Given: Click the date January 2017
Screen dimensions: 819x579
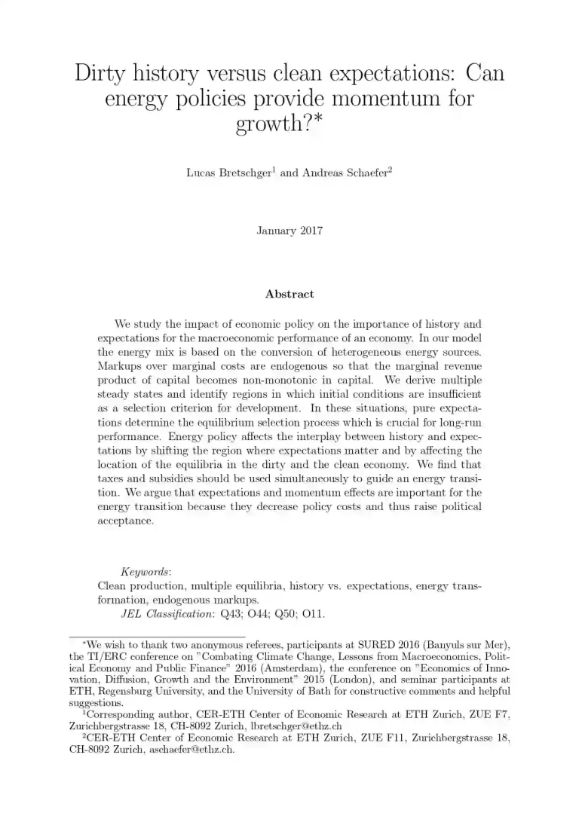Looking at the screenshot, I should pyautogui.click(x=289, y=231).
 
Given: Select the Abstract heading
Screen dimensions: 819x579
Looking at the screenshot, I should pyautogui.click(x=289, y=294).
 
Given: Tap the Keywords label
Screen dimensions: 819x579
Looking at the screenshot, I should pyautogui.click(x=146, y=573).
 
